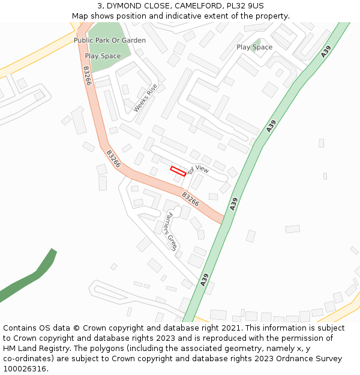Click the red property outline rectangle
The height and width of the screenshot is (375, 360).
pyautogui.click(x=178, y=171)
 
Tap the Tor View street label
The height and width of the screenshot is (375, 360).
pyautogui.click(x=198, y=170)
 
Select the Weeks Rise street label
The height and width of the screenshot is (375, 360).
pyautogui.click(x=145, y=97)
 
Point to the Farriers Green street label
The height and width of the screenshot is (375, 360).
pyautogui.click(x=172, y=231)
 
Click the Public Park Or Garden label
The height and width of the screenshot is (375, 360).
pyautogui.click(x=110, y=40)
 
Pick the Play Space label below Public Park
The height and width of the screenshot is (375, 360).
pyautogui.click(x=103, y=56)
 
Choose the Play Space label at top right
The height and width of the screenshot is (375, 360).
pyautogui.click(x=254, y=47)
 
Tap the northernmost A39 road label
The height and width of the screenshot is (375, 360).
pyautogui.click(x=325, y=52)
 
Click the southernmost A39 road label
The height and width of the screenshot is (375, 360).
pyautogui.click(x=205, y=280)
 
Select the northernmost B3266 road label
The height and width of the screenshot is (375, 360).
pyautogui.click(x=87, y=76)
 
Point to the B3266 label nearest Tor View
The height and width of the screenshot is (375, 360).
pyautogui.click(x=190, y=199)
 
